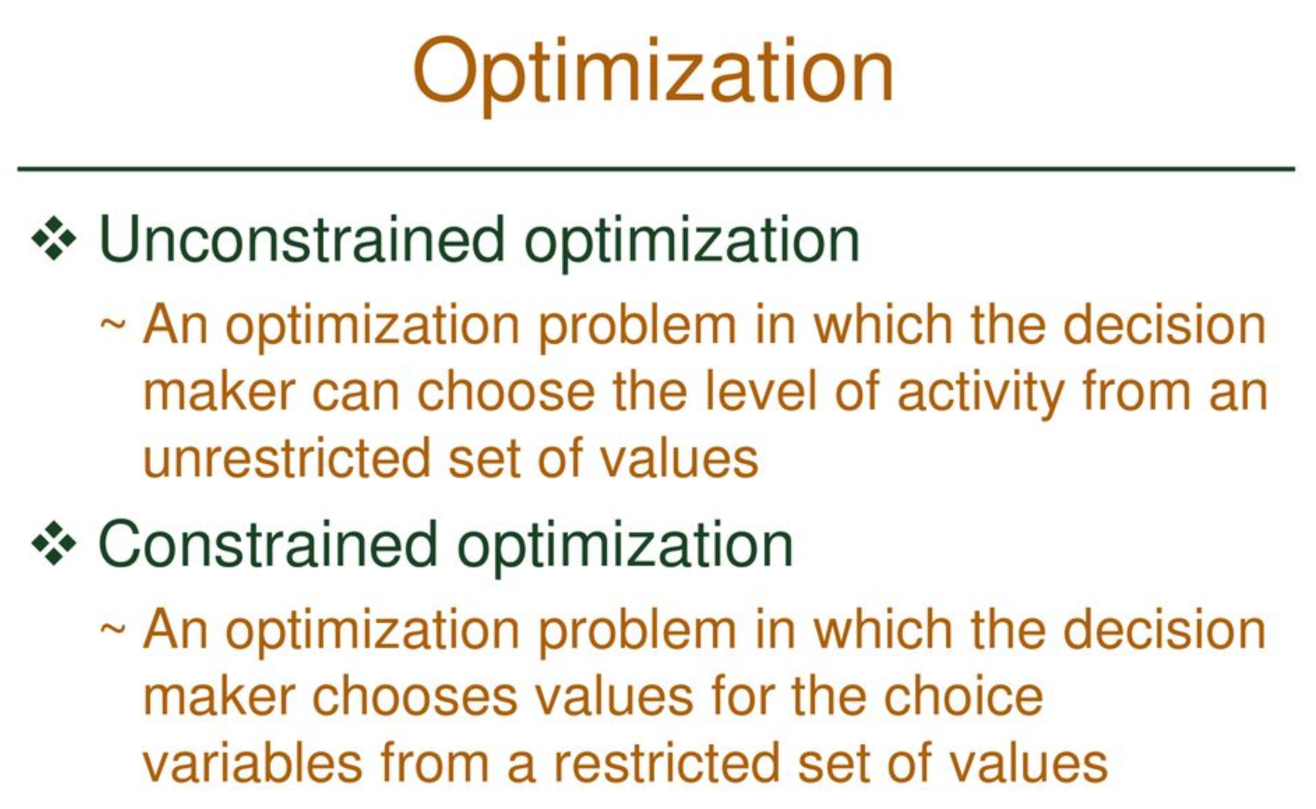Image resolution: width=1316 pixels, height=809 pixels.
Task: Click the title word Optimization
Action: click(x=652, y=74)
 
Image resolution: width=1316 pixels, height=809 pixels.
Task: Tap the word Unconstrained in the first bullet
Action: click(x=302, y=239)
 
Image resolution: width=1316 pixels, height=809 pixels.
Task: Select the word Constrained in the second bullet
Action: click(x=268, y=544)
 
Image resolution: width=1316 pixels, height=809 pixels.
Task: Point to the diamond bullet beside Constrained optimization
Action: click(x=54, y=544)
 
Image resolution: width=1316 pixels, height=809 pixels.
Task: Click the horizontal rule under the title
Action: click(x=656, y=169)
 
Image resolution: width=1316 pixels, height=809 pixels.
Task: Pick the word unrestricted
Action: click(x=288, y=458)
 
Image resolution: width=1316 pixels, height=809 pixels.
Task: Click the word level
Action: click(x=760, y=391)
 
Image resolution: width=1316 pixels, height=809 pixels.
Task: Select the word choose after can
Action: click(x=506, y=391)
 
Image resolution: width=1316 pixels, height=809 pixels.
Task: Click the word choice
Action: click(x=963, y=696)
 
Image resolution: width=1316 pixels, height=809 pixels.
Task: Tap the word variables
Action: click(x=252, y=763)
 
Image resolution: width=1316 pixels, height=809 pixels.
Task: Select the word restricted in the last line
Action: click(x=666, y=763)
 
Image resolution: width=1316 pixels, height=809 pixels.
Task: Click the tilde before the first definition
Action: click(x=113, y=324)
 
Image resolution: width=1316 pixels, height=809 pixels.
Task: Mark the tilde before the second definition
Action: click(x=113, y=630)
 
